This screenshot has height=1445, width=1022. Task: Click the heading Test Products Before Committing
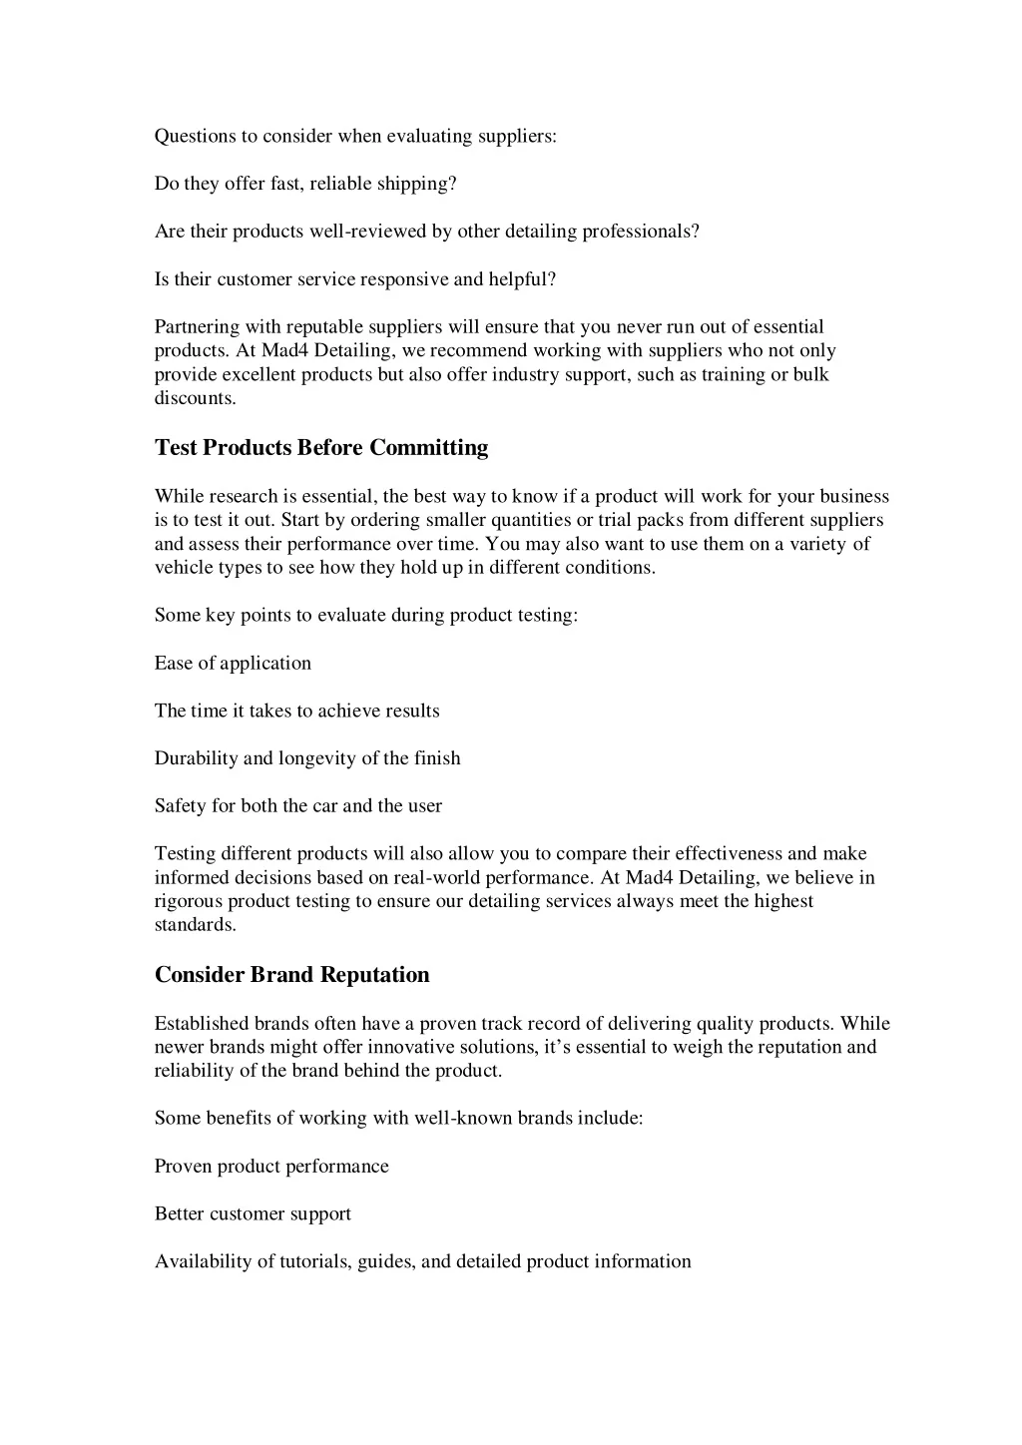click(321, 448)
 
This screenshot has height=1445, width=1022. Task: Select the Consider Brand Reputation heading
click(291, 975)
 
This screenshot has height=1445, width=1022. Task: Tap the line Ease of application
click(233, 664)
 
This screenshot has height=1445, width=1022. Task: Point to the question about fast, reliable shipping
click(305, 184)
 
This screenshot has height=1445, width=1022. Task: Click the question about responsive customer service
click(354, 279)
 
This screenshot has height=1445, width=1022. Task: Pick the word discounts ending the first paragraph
click(195, 398)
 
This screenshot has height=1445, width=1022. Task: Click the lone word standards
click(195, 925)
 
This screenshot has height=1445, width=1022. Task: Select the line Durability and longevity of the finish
click(307, 758)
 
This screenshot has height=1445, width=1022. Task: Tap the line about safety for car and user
click(297, 806)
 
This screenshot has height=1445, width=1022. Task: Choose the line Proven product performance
click(271, 1167)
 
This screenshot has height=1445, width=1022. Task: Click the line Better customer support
click(253, 1214)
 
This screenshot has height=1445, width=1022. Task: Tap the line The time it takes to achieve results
click(296, 712)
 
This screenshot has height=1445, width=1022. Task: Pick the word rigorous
click(189, 901)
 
